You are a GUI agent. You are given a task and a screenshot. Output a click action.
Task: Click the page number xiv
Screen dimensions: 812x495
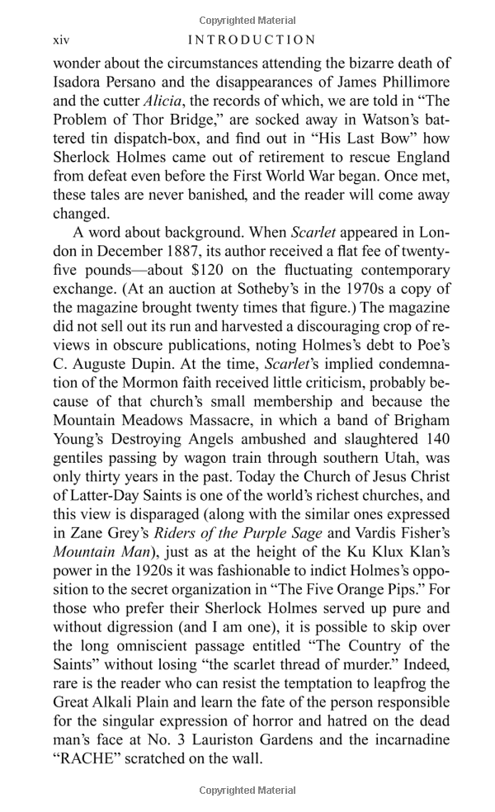pyautogui.click(x=61, y=40)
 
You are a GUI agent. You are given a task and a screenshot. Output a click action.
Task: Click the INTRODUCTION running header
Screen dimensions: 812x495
pyautogui.click(x=252, y=40)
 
